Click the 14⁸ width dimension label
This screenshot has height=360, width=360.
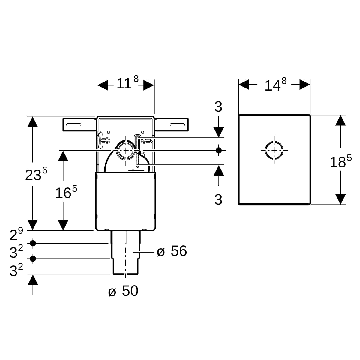coord(276,84)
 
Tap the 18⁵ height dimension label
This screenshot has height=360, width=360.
coord(341,161)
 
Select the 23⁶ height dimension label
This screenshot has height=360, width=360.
coord(36,174)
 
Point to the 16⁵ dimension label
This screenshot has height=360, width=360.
coord(66,192)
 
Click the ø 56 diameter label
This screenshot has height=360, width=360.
coord(172,251)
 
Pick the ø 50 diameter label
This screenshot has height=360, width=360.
coord(123,291)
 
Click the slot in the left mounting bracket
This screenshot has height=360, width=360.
coord(74,124)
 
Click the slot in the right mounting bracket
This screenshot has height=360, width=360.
coord(177,124)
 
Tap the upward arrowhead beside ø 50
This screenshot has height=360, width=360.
coord(33,280)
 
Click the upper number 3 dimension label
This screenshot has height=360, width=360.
coord(218,107)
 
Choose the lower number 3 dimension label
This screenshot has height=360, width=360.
coord(218,200)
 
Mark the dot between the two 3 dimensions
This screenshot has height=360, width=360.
coord(219,150)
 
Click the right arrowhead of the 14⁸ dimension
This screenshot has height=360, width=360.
coord(305,84)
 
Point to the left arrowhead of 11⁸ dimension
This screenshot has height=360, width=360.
coord(103,85)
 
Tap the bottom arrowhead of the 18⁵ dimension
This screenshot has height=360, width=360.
coord(340,199)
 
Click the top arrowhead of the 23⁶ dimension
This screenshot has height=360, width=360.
coord(33,121)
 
